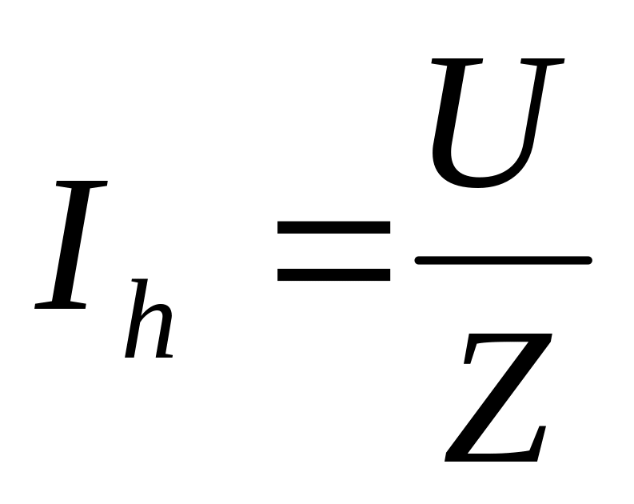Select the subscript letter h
tap(150, 320)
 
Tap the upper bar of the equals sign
tap(333, 226)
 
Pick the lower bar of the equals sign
tap(333, 274)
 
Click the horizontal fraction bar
tap(503, 259)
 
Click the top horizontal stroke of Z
tap(509, 341)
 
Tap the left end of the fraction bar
tap(421, 259)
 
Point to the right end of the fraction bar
tap(586, 259)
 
